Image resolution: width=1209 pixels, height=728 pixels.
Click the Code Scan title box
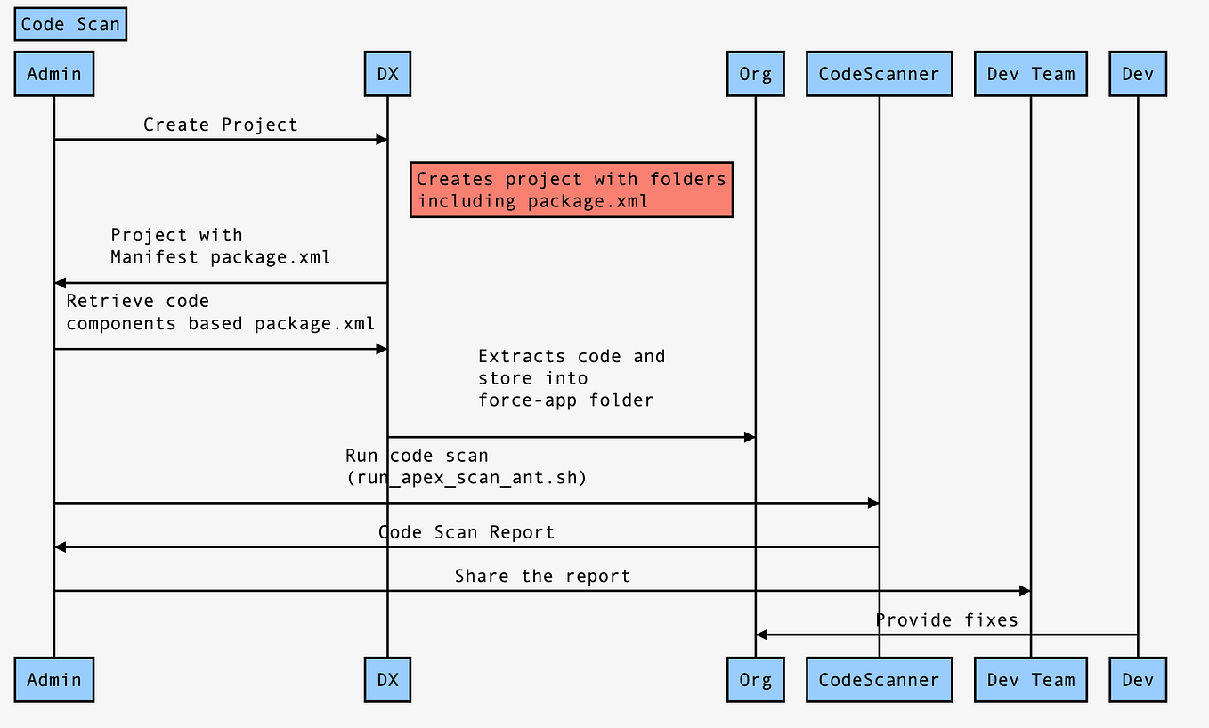pyautogui.click(x=70, y=25)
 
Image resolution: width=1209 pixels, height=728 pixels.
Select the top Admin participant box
pyautogui.click(x=54, y=74)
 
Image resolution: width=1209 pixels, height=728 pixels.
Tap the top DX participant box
pyautogui.click(x=387, y=74)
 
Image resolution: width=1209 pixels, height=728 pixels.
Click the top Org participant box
pyautogui.click(x=755, y=74)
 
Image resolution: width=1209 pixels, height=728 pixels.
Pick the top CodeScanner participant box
pyautogui.click(x=879, y=74)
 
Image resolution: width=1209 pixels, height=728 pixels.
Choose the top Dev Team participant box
pyautogui.click(x=1031, y=74)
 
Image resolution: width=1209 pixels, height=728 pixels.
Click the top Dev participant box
pyautogui.click(x=1138, y=74)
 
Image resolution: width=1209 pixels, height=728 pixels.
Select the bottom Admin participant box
pyautogui.click(x=54, y=680)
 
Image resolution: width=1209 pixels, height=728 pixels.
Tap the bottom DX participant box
pyautogui.click(x=387, y=680)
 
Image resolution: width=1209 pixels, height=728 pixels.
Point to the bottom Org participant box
pyautogui.click(x=755, y=680)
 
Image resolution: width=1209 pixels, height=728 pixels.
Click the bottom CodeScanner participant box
pyautogui.click(x=879, y=680)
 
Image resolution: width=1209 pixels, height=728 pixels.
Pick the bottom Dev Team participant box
pyautogui.click(x=1031, y=680)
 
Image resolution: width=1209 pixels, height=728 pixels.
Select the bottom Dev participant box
pyautogui.click(x=1138, y=680)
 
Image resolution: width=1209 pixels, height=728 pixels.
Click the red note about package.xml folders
pyautogui.click(x=571, y=190)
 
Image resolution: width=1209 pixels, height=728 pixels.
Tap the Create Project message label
pyautogui.click(x=221, y=125)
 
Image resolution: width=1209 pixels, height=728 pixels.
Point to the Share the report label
pyautogui.click(x=542, y=576)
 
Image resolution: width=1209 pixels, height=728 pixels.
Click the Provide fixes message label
pyautogui.click(x=946, y=619)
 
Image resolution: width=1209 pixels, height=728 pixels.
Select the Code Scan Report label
pyautogui.click(x=467, y=532)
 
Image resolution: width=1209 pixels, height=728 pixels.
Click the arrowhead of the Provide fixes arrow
pyautogui.click(x=761, y=635)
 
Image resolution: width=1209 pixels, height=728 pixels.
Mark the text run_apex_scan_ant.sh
pyautogui.click(x=467, y=478)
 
